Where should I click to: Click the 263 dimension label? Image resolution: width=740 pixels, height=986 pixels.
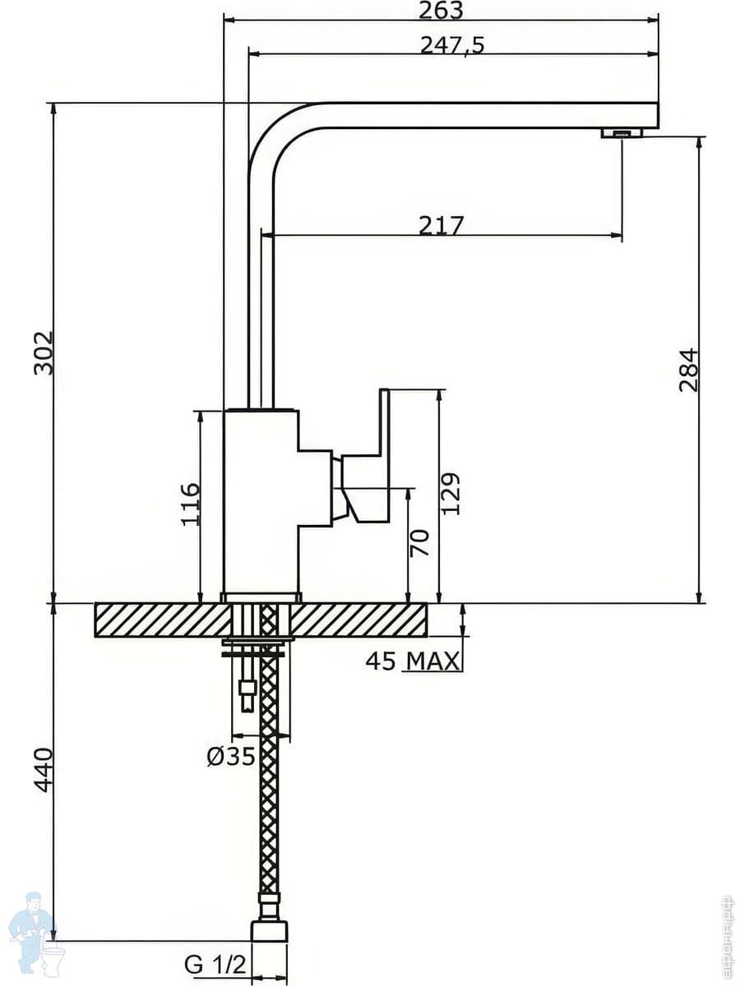[x=441, y=10]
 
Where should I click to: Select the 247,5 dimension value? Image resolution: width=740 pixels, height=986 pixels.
[x=452, y=45]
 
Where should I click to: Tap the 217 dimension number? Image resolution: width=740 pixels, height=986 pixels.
[x=442, y=225]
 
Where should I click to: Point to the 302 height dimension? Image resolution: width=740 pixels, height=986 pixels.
[x=43, y=353]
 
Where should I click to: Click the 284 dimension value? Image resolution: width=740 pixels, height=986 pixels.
[x=688, y=370]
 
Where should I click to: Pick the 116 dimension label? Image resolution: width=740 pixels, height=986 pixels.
[x=190, y=504]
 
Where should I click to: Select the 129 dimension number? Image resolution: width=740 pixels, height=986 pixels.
[x=451, y=493]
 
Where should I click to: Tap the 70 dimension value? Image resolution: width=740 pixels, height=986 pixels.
[x=420, y=543]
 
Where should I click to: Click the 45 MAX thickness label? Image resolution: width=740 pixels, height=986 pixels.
[x=413, y=661]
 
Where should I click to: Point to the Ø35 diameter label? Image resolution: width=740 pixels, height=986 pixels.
[x=231, y=756]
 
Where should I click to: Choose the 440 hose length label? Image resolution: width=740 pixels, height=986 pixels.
[x=43, y=770]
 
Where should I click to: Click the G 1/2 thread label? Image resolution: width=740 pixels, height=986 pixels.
[x=215, y=965]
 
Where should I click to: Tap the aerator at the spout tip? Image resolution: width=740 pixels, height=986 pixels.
[x=621, y=132]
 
